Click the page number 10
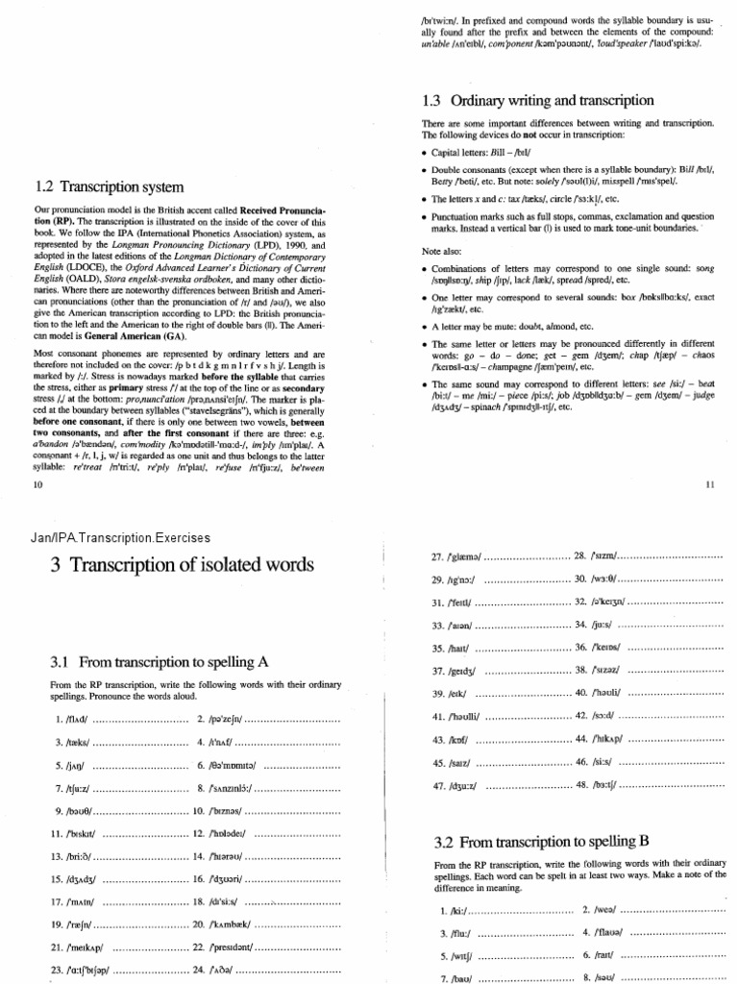coord(38,486)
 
